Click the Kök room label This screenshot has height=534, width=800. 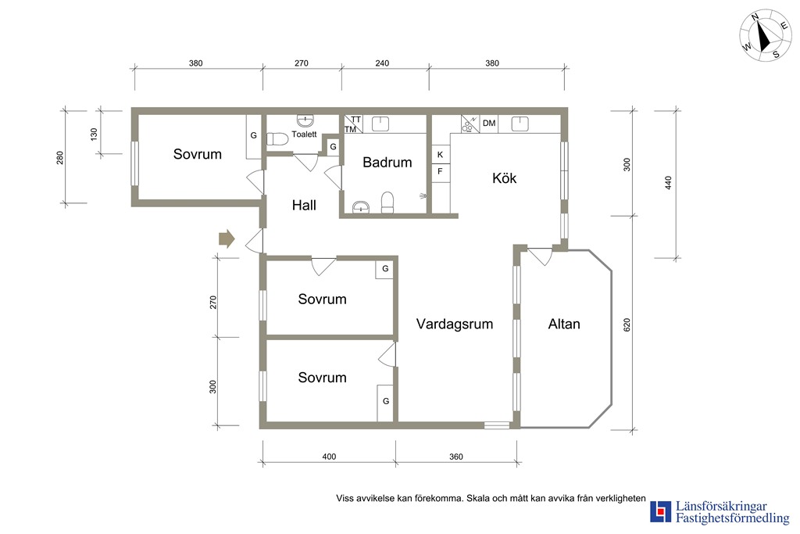click(504, 178)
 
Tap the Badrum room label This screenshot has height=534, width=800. click(387, 163)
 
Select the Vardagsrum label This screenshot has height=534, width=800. click(455, 324)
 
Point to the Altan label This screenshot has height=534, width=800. click(564, 324)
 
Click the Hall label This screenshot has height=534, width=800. click(304, 205)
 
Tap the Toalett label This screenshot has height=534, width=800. click(304, 134)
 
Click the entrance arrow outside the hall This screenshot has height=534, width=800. click(227, 238)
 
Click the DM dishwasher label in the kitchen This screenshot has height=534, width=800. click(489, 123)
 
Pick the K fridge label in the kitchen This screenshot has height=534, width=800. click(441, 154)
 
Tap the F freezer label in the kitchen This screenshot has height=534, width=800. click(441, 171)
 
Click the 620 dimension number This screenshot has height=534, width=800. click(627, 324)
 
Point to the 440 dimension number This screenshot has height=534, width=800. click(669, 183)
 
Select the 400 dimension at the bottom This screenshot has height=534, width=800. click(329, 457)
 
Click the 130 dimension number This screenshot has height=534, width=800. click(94, 134)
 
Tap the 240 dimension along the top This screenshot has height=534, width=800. click(382, 63)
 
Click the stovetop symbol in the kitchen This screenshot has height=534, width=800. click(470, 124)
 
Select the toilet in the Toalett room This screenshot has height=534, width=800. click(277, 139)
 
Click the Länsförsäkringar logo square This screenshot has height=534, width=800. click(661, 511)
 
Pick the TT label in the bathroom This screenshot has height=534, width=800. click(356, 120)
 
